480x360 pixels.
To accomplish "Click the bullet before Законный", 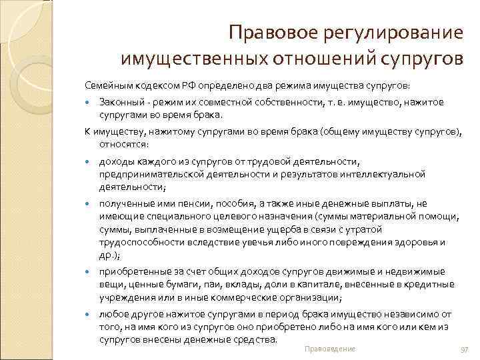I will [89, 103].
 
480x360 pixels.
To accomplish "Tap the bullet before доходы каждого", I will [89, 162].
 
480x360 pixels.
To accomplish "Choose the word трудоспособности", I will [140, 242].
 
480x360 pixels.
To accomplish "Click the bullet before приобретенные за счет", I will [89, 273].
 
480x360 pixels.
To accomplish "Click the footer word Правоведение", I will [329, 349].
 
